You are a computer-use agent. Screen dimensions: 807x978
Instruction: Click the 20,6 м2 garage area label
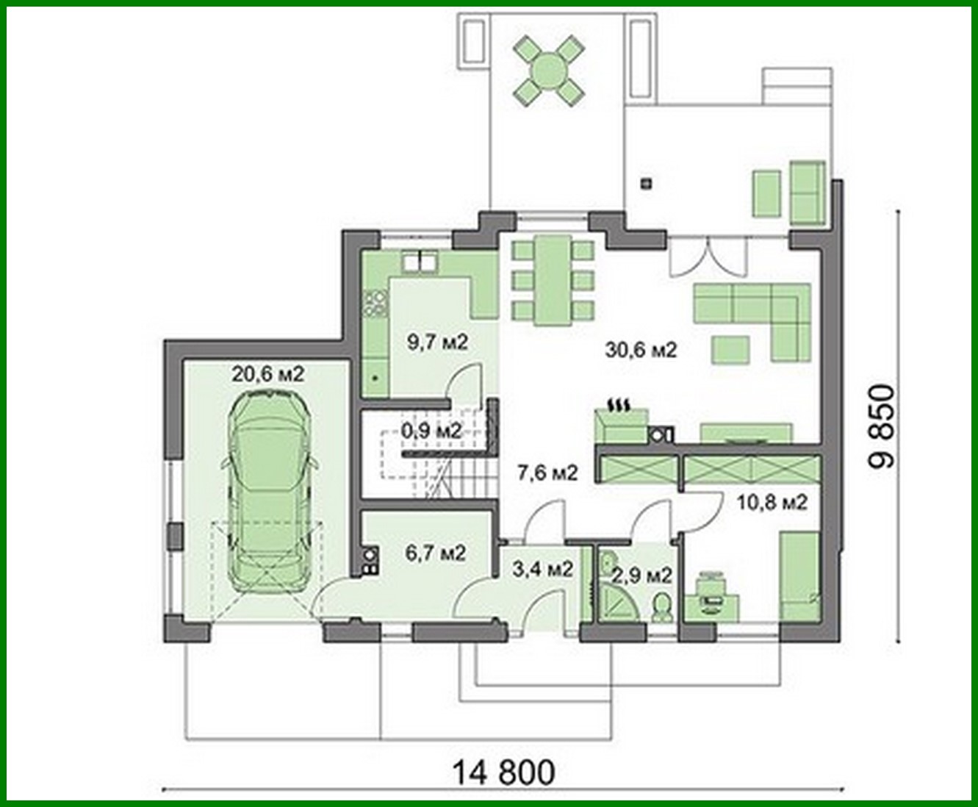point(267,374)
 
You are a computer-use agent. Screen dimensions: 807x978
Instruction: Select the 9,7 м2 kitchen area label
point(437,342)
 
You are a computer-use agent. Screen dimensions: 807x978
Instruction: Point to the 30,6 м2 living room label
point(641,350)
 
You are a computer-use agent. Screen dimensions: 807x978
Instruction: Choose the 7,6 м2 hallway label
point(547,473)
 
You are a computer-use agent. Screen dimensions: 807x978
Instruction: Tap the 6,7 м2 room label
point(436,552)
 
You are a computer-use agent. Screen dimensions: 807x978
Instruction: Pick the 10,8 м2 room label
point(772,503)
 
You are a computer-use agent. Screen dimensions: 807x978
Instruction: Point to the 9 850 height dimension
point(882,426)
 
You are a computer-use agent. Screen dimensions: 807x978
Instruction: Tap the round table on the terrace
point(549,71)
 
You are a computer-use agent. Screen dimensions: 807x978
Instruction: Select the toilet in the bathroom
point(661,607)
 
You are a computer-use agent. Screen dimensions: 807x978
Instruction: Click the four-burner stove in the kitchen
point(375,303)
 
